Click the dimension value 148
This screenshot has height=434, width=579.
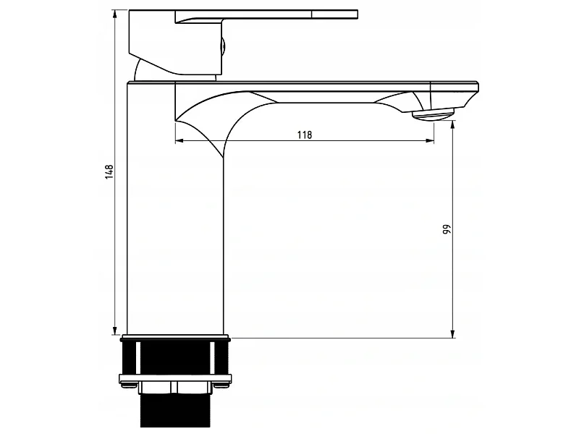pyautogui.click(x=109, y=172)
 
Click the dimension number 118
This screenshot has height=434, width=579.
pyautogui.click(x=305, y=135)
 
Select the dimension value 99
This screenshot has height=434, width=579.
pyautogui.click(x=447, y=229)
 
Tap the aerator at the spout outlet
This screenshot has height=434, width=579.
pyautogui.click(x=433, y=115)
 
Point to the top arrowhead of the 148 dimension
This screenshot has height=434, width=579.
pyautogui.click(x=115, y=14)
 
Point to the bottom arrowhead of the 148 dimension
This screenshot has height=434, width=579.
pyautogui.click(x=115, y=331)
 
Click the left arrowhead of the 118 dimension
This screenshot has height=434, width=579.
pyautogui.click(x=179, y=140)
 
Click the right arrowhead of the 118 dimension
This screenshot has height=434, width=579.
pyautogui.click(x=430, y=140)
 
